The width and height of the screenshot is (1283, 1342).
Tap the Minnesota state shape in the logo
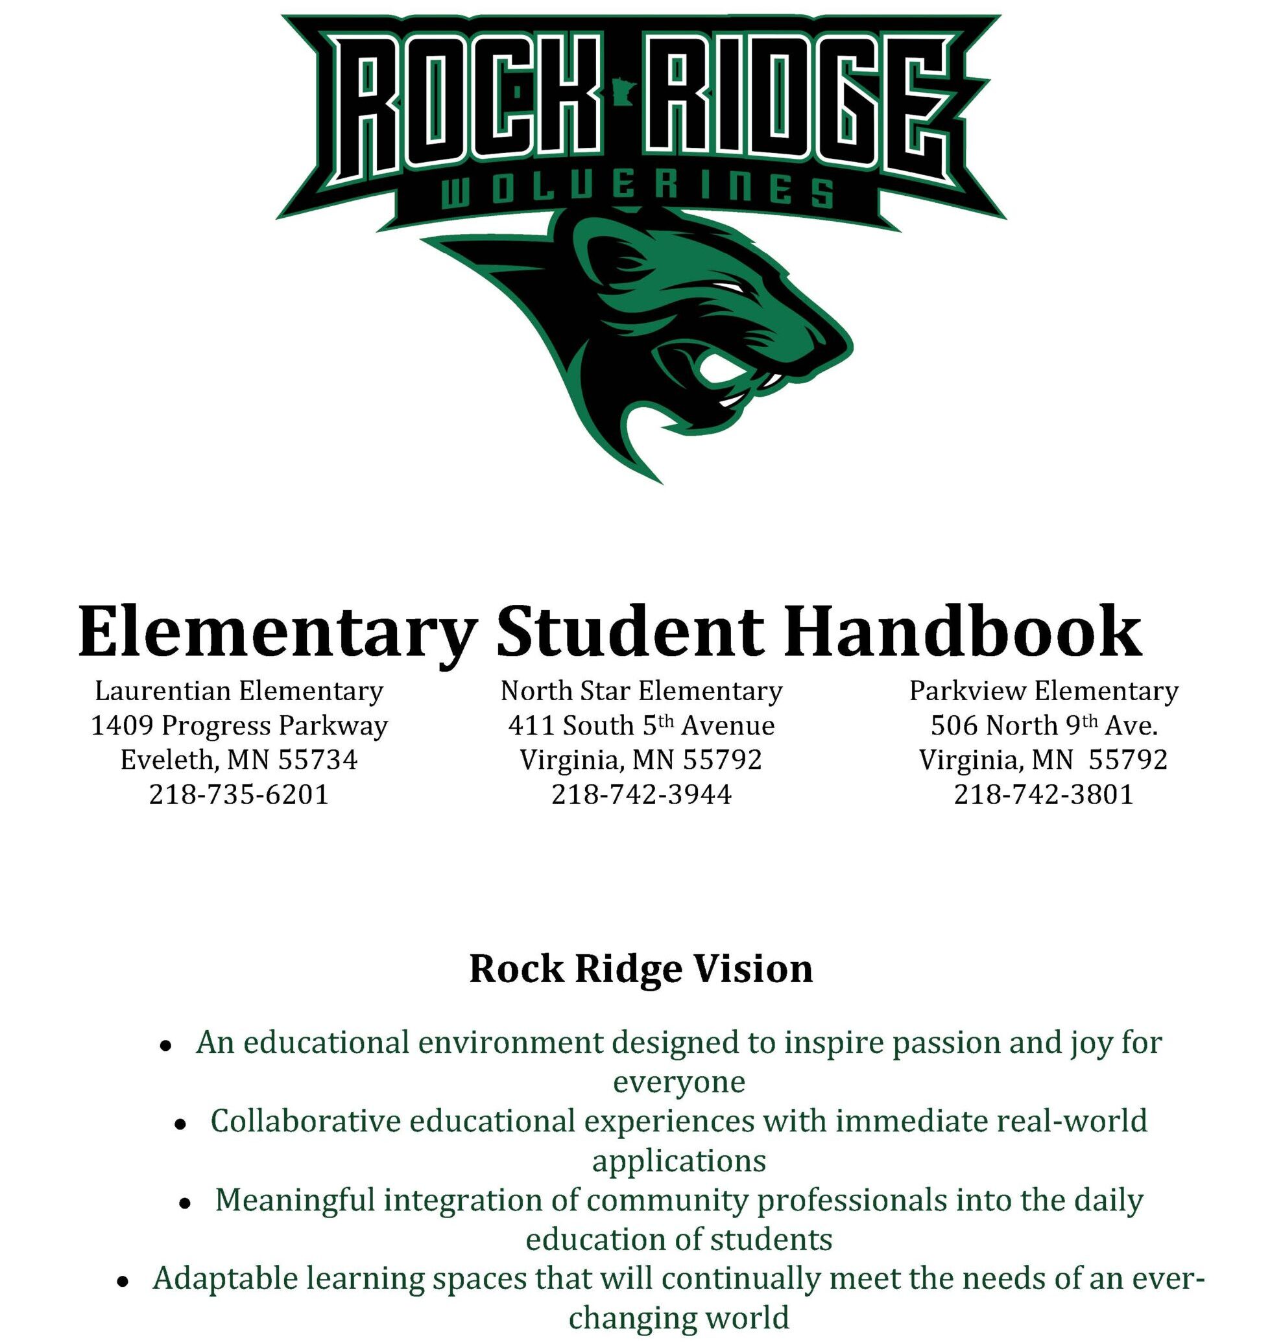(x=624, y=91)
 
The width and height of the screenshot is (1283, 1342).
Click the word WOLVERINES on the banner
(x=637, y=191)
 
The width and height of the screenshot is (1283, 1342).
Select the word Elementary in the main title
(x=277, y=631)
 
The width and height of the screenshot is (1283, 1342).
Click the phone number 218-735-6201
(x=239, y=794)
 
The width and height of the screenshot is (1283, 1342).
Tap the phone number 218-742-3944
(x=641, y=794)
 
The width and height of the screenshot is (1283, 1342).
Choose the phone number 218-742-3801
(x=1044, y=794)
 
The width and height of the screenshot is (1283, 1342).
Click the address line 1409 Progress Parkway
(x=239, y=725)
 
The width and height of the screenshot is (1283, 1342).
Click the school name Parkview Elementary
(x=1044, y=690)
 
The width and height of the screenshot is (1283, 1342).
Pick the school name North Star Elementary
(x=641, y=690)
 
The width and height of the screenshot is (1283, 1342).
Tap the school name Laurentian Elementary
(x=239, y=690)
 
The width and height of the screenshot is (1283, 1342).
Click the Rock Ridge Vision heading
(x=641, y=969)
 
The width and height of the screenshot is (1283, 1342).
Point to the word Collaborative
(x=305, y=1122)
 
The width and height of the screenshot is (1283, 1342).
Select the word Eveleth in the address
(x=167, y=760)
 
